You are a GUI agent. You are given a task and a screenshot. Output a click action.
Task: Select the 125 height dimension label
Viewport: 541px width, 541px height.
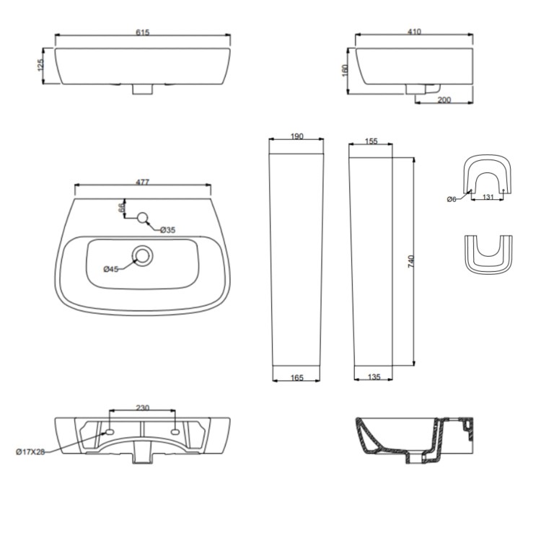pos(41,66)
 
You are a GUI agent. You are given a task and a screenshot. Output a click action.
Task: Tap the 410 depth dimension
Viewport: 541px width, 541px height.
pos(413,32)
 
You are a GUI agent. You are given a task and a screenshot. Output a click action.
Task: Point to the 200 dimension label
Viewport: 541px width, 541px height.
pos(444,100)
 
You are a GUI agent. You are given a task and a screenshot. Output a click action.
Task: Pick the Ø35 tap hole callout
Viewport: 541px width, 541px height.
pos(168,229)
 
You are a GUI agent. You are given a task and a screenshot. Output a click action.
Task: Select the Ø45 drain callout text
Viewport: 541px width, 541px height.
pos(111,269)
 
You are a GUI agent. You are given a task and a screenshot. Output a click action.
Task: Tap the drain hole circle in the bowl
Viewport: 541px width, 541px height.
pos(143,255)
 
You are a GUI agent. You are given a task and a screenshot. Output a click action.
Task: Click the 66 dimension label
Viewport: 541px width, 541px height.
pos(123,208)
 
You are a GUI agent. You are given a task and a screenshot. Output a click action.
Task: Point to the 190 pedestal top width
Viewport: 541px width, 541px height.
pos(296,136)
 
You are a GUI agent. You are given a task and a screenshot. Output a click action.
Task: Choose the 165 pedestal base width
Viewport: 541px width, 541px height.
pos(296,377)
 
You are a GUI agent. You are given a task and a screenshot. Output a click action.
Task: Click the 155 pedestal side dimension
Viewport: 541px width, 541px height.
pos(371,141)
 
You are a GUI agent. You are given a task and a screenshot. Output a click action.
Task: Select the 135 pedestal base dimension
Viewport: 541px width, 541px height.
pos(373,377)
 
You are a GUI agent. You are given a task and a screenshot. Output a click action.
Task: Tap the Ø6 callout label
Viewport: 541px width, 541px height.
pos(452,199)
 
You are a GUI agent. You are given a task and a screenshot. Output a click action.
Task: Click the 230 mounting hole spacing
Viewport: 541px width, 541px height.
pos(142,408)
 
